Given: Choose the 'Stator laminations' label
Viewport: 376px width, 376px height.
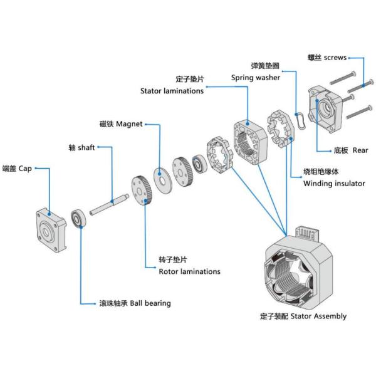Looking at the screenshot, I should (x=172, y=91).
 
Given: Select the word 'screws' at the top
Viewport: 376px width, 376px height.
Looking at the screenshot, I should (x=335, y=57).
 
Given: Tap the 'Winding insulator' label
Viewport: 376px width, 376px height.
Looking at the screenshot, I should (x=333, y=184).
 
